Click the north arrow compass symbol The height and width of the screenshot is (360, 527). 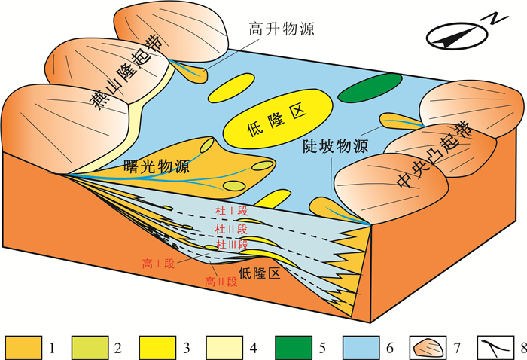point(457,34)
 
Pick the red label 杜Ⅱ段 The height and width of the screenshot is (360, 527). point(230,229)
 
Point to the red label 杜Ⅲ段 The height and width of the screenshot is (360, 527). point(230,246)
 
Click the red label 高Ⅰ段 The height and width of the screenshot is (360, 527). point(158,264)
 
